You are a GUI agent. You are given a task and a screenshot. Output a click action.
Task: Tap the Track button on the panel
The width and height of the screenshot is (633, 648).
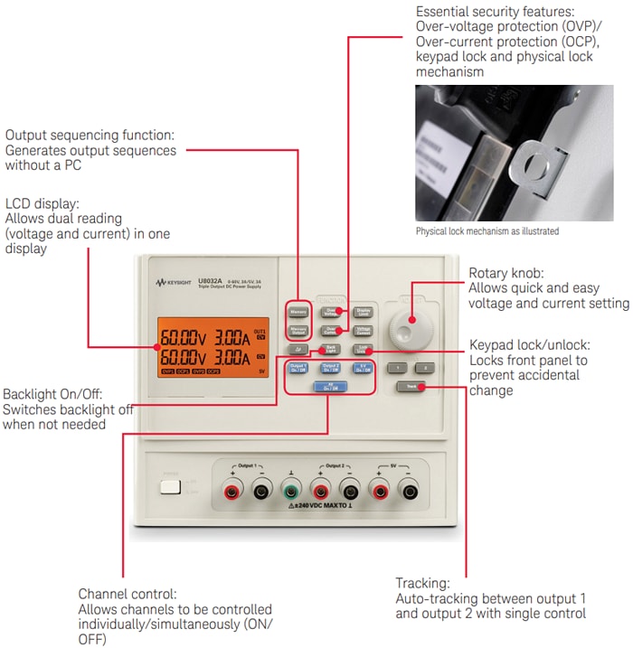(410, 387)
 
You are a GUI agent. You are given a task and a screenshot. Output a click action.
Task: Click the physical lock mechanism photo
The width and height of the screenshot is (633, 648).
(512, 153)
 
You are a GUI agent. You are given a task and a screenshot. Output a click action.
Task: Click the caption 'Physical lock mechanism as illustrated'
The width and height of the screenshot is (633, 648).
(487, 231)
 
